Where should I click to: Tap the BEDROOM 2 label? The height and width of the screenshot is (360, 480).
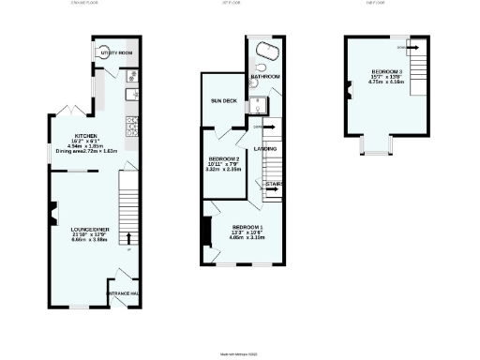click(225, 158)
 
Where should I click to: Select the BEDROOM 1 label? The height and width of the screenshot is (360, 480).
click(247, 227)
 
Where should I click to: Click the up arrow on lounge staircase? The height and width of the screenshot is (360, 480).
click(129, 236)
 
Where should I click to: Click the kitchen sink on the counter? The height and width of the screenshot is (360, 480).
click(132, 93)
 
